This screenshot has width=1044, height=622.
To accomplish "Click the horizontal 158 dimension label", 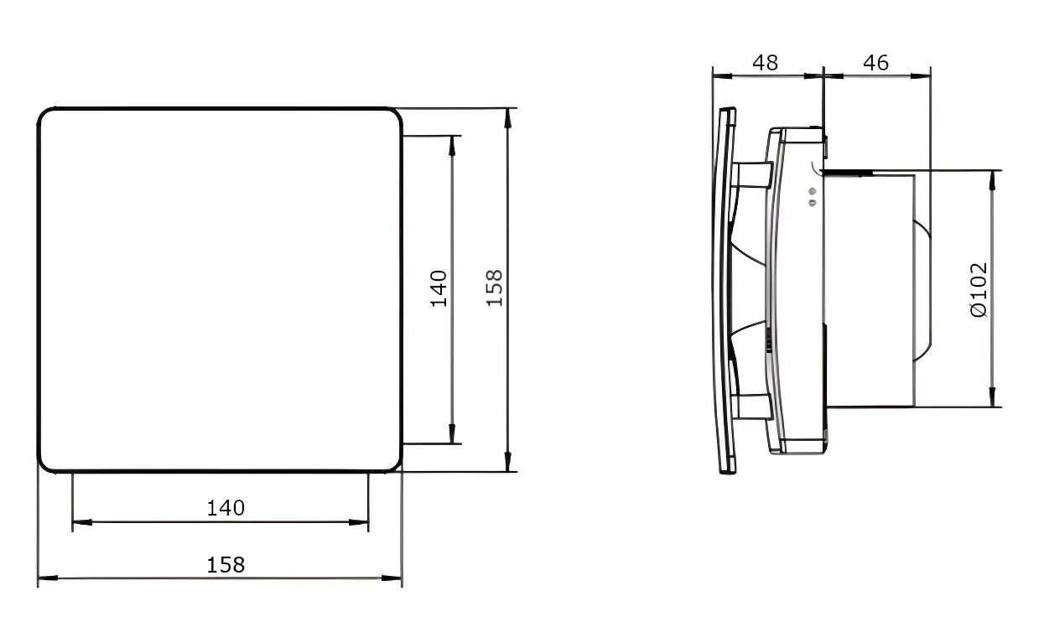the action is point(226,565).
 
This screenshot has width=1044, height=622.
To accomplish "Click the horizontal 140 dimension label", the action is point(226,508).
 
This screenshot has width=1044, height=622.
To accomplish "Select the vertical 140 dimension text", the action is point(439,288).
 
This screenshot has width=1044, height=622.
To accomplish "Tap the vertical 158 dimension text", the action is point(495,288).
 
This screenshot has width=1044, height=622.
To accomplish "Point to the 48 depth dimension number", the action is point(766,62).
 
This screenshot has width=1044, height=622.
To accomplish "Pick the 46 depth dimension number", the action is point(875,62).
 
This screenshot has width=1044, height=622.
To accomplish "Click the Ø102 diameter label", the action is point(979,290).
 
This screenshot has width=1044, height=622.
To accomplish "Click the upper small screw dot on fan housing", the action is point(813,191).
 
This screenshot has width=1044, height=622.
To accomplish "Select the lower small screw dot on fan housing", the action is point(813,203).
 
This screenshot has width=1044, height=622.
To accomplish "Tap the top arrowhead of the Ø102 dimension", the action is point(992,180).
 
